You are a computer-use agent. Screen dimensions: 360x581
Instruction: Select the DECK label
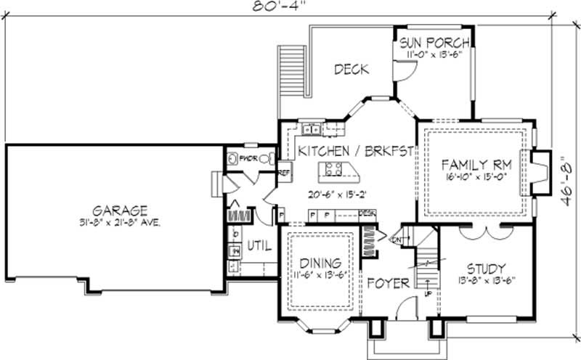(352, 70)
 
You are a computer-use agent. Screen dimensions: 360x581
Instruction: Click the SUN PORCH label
(434, 42)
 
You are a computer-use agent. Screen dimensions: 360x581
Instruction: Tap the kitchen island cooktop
(334, 171)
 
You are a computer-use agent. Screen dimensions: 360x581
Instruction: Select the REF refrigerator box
(285, 173)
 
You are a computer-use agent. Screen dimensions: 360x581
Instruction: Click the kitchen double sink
(312, 129)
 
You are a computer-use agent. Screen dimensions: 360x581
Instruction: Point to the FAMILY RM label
(475, 163)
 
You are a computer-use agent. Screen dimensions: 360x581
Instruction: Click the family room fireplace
(538, 173)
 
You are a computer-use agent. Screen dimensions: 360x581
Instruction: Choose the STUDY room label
(486, 269)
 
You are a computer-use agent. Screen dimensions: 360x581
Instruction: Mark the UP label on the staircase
(427, 294)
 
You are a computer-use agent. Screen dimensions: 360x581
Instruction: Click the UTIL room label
(260, 247)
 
